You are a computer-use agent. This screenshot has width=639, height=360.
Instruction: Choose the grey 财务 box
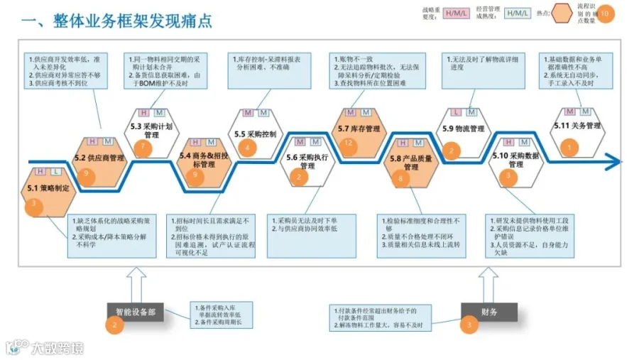tap(488, 311)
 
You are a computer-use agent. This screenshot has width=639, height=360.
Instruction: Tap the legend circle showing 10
tap(604, 13)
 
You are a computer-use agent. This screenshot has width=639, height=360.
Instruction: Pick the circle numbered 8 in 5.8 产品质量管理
tap(403, 180)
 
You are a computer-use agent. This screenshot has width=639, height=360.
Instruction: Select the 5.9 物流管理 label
tap(463, 129)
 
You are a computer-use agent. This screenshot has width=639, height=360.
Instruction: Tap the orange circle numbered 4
tap(247, 148)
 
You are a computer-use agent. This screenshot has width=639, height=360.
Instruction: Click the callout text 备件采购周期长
tap(224, 323)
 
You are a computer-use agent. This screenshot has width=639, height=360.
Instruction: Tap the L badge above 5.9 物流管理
tap(455, 112)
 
